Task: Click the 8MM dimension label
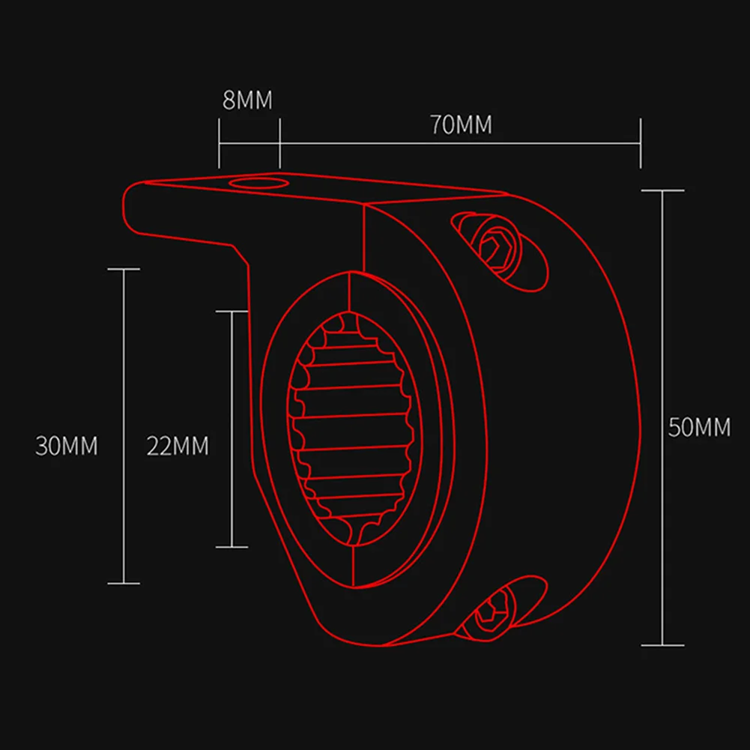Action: (247, 100)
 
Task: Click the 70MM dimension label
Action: (462, 124)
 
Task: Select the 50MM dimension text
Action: (698, 428)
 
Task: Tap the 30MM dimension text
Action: (67, 447)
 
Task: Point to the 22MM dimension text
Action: (178, 447)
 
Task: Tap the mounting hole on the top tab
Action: (254, 184)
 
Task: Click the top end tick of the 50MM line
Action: (662, 190)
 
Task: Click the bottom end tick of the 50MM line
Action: (662, 644)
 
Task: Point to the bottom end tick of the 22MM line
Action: (232, 546)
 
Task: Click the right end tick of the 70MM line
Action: (641, 143)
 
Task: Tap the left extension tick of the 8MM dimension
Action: (219, 143)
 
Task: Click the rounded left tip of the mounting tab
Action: (129, 206)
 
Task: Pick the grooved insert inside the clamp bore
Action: (352, 427)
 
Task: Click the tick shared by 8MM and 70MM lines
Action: (279, 143)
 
